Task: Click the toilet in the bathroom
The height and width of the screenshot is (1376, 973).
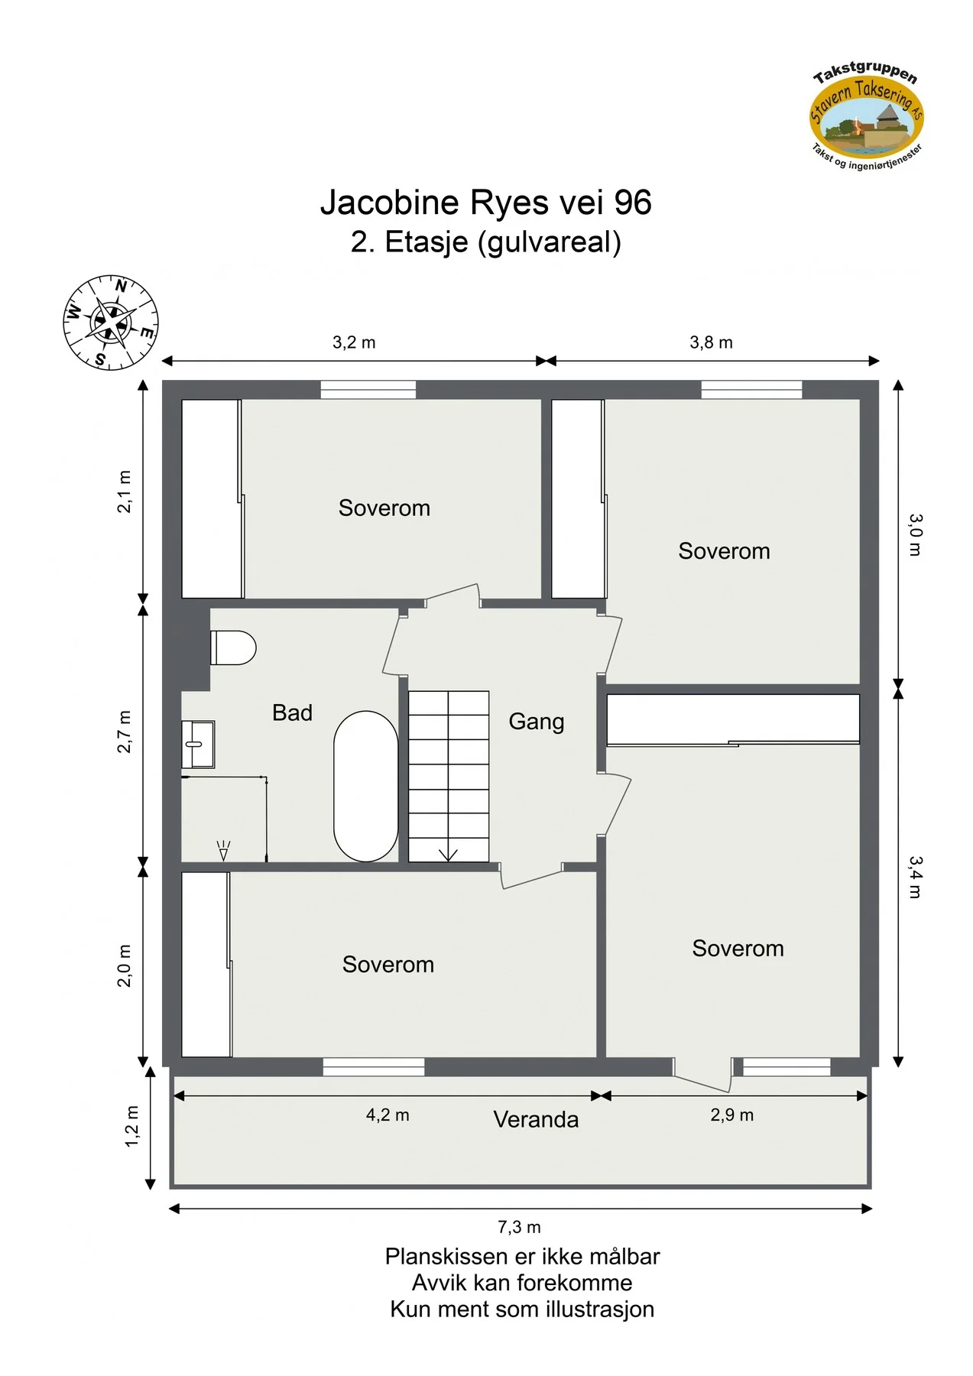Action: [233, 647]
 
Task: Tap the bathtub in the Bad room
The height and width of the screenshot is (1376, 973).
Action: [366, 787]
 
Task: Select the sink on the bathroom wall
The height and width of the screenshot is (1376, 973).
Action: [198, 744]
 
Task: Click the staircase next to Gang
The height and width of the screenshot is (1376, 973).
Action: [449, 777]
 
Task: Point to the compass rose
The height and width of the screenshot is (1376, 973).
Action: [111, 323]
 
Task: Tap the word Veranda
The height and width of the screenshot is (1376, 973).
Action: [536, 1119]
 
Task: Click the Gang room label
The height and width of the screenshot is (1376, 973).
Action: [537, 722]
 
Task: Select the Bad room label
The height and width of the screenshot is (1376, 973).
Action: [292, 712]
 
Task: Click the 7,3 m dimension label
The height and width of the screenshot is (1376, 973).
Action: [519, 1227]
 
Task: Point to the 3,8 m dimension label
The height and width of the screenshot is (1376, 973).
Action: [711, 342]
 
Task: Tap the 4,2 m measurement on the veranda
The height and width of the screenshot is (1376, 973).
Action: [388, 1115]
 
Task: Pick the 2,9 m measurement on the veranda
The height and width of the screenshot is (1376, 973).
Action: [731, 1115]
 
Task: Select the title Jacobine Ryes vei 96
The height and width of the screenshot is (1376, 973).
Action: [486, 203]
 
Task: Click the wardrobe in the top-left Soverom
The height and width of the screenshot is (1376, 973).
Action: [212, 498]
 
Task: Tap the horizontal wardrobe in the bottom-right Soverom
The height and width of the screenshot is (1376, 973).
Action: [733, 719]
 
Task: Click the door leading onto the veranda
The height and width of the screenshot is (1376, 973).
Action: [702, 1075]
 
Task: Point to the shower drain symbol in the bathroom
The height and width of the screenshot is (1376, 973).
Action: [223, 851]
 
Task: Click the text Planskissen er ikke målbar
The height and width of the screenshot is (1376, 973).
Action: [522, 1256]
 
